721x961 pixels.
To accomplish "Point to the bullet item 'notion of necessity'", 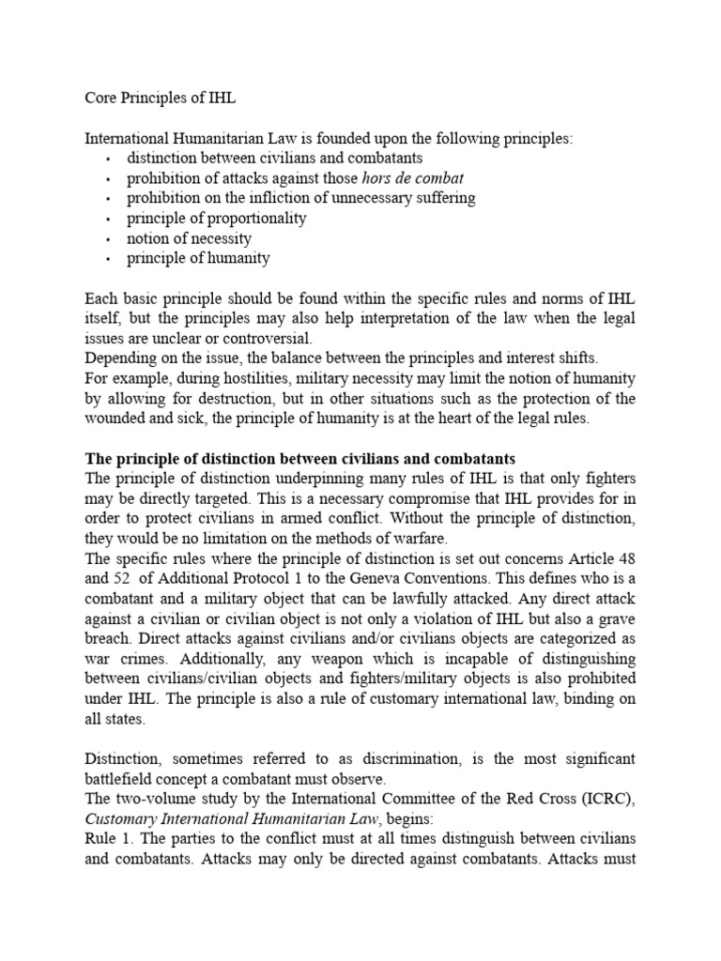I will pos(190,237).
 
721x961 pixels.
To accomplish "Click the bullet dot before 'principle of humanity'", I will pos(109,259).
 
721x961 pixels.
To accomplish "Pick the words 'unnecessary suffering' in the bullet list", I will pos(405,198).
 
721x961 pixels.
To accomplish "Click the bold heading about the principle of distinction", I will pos(300,459).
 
